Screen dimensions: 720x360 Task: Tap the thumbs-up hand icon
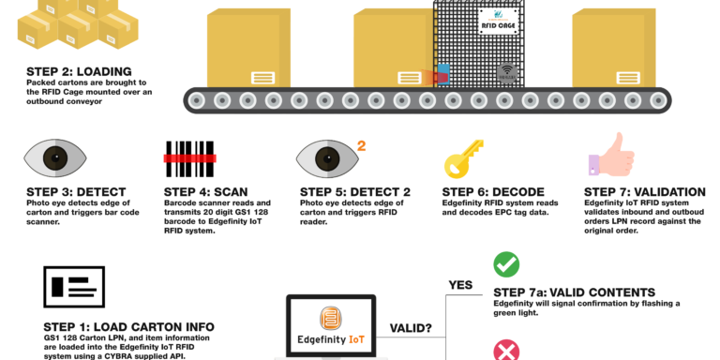tap(611, 156)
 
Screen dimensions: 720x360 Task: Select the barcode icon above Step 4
tap(189, 158)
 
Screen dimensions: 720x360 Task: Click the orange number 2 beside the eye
tap(361, 146)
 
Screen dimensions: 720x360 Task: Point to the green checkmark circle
tap(506, 264)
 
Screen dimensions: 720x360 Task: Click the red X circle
tap(506, 351)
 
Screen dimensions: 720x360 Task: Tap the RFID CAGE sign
tap(499, 22)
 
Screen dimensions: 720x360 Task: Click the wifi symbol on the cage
tap(507, 72)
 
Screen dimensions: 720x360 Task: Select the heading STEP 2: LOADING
tap(79, 71)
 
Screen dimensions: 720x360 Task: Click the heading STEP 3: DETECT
tap(76, 192)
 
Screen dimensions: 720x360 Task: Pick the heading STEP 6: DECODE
tap(493, 192)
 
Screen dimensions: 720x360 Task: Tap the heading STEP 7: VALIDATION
tap(645, 192)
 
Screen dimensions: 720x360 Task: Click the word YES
tap(460, 285)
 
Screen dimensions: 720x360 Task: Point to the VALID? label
tap(411, 328)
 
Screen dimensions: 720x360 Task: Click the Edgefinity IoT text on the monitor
tap(331, 339)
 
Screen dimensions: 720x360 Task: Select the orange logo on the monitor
tap(331, 318)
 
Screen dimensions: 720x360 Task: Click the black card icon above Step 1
tap(74, 287)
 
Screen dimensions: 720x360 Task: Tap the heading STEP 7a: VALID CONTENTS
tap(575, 292)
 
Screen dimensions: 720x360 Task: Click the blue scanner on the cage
tap(442, 74)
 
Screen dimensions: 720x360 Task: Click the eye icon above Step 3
tap(55, 157)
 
